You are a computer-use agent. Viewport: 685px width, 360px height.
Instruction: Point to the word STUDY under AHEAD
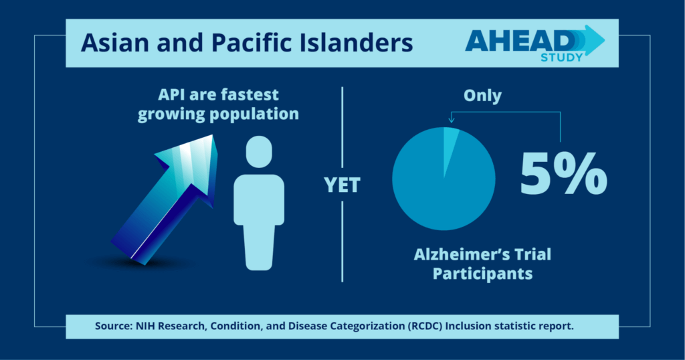tap(562, 58)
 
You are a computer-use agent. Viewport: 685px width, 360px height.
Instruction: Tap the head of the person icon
tap(259, 152)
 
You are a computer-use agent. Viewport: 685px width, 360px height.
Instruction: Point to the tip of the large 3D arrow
tap(212, 135)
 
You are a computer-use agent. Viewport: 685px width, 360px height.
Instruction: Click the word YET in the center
tap(342, 185)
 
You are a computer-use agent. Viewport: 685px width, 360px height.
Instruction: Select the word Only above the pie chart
tap(482, 96)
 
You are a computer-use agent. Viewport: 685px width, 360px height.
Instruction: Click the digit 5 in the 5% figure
tap(535, 173)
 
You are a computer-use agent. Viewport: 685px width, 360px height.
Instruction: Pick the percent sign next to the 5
tap(580, 173)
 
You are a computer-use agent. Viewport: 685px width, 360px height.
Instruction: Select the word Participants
tap(483, 274)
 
